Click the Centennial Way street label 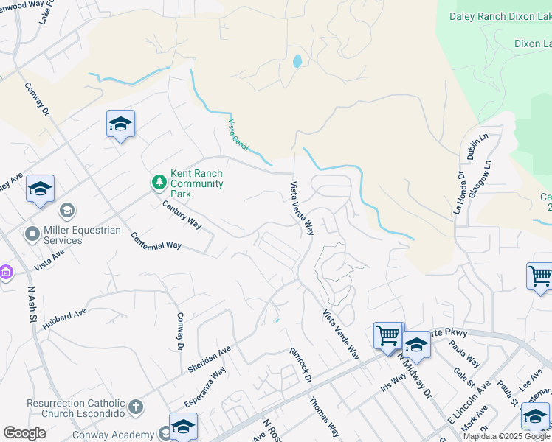click(x=156, y=240)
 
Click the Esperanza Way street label click(x=204, y=387)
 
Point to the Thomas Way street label click(x=325, y=416)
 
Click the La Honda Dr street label click(x=460, y=192)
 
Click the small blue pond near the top click(x=297, y=61)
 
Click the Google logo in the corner click(x=24, y=433)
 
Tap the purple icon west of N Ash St click(x=5, y=273)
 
